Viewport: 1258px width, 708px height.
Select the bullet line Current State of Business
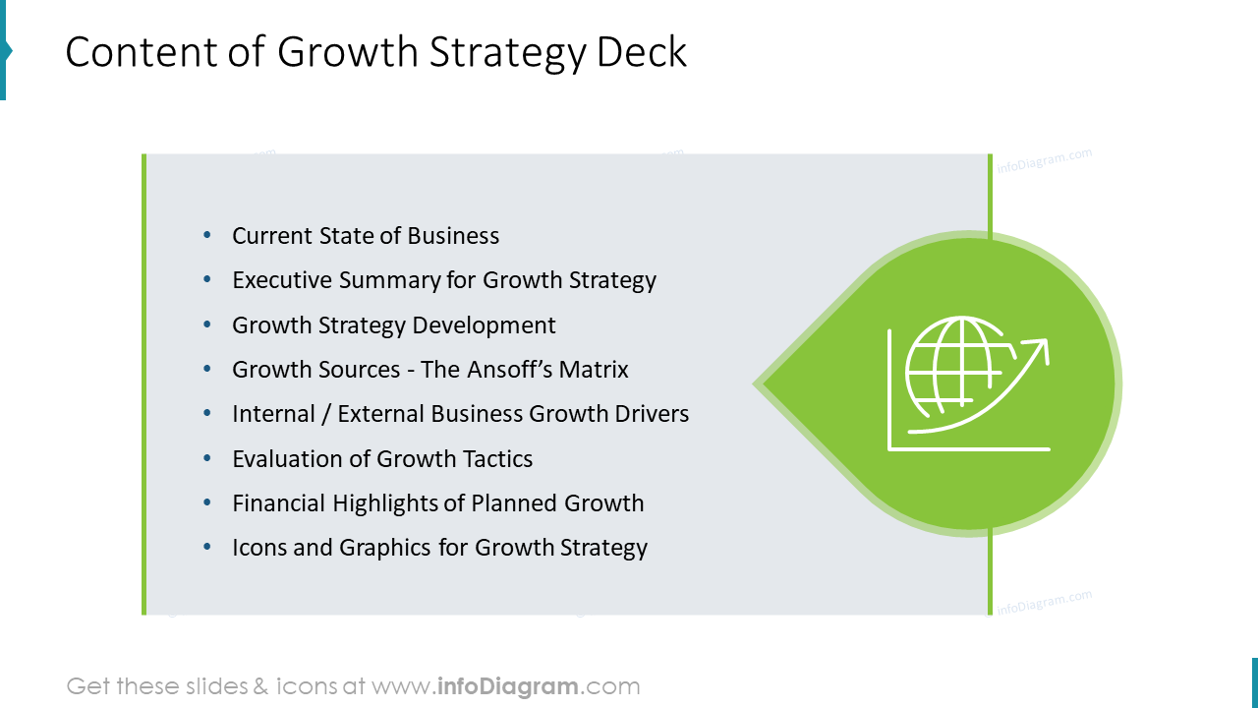pos(366,236)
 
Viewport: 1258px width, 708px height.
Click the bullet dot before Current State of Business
pos(206,235)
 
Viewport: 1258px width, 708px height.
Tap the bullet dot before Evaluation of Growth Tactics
pos(206,458)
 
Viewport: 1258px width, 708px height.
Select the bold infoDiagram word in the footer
pos(506,686)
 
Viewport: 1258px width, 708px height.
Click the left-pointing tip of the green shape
pos(757,383)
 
